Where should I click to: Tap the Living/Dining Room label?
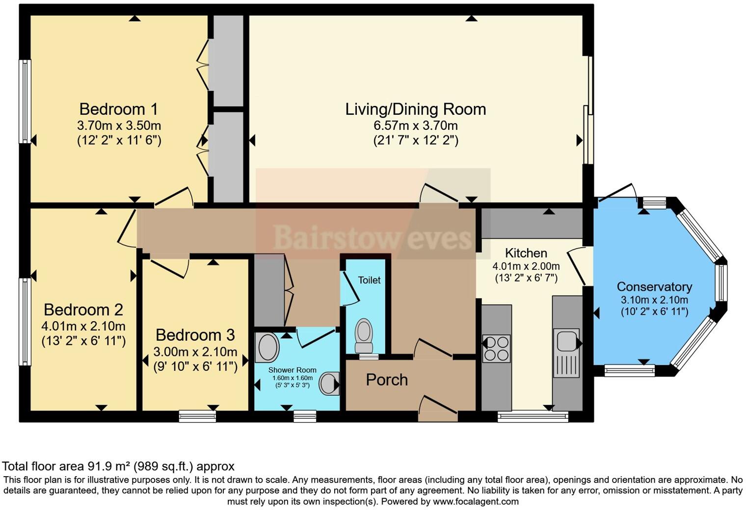click(415, 109)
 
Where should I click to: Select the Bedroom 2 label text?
click(83, 310)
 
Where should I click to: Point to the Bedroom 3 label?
click(195, 335)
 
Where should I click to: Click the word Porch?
click(387, 380)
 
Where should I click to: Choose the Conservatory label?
click(654, 287)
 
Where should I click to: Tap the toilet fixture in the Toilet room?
click(364, 335)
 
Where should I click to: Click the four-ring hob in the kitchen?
click(496, 348)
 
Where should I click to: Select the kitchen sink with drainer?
click(566, 353)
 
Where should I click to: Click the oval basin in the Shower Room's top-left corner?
click(267, 347)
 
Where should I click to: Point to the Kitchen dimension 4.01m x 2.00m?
click(526, 266)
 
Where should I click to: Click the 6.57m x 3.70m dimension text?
click(415, 126)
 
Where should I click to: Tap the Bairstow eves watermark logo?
click(373, 238)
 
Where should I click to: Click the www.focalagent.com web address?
click(476, 502)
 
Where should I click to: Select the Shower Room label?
click(292, 370)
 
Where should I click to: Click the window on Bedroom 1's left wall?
click(25, 102)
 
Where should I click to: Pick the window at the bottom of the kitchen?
click(533, 417)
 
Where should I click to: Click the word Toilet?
click(369, 280)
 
